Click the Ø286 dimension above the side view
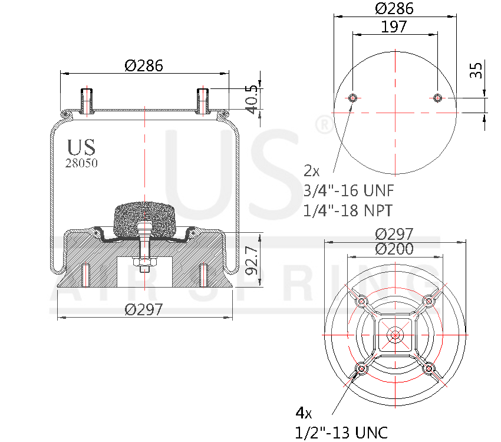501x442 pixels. pyautogui.click(x=143, y=66)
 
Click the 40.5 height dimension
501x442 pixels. pyautogui.click(x=252, y=100)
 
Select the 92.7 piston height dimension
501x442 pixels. pyautogui.click(x=252, y=260)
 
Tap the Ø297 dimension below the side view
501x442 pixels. pyautogui.click(x=143, y=309)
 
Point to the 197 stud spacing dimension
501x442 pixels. pyautogui.click(x=394, y=27)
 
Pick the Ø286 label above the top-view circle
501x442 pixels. pyautogui.click(x=394, y=9)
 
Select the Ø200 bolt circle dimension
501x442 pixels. pyautogui.click(x=394, y=249)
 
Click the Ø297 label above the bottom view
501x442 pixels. pyautogui.click(x=394, y=234)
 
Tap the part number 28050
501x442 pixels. pyautogui.click(x=81, y=164)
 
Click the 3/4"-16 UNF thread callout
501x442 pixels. pyautogui.click(x=348, y=191)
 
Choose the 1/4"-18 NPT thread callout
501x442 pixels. pyautogui.click(x=348, y=210)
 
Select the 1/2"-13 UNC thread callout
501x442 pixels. pyautogui.click(x=341, y=432)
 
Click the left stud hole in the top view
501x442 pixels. pyautogui.click(x=352, y=98)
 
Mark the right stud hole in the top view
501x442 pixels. pyautogui.click(x=437, y=98)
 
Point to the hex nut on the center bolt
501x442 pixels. pyautogui.click(x=144, y=262)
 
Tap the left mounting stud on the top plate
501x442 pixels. pyautogui.click(x=87, y=100)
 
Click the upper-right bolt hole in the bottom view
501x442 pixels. pyautogui.click(x=429, y=301)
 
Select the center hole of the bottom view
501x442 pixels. pyautogui.click(x=394, y=335)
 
